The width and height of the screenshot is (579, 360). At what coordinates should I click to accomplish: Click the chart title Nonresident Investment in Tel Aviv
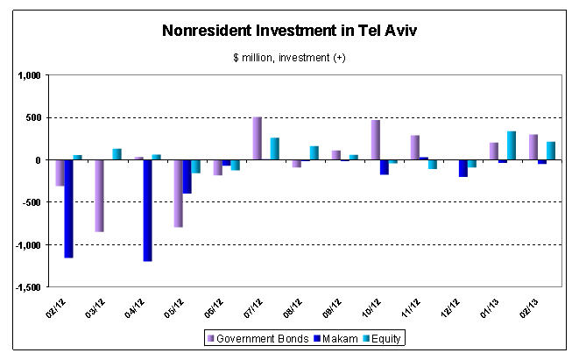coord(289,32)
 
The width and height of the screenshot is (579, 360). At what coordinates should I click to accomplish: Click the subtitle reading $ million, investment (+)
coord(290,58)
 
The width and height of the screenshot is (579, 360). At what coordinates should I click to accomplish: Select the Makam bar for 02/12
coord(68,208)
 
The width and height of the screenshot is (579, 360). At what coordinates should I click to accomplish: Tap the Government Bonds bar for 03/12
coord(99,195)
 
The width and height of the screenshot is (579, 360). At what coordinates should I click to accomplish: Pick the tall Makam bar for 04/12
coord(147,210)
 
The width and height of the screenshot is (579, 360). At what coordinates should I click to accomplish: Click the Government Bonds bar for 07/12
coord(257,138)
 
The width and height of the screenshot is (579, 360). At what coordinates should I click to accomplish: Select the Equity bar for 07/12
coord(274,149)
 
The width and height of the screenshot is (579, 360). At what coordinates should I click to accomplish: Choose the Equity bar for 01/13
coord(511,145)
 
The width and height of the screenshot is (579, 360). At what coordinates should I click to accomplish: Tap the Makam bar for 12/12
coord(462,168)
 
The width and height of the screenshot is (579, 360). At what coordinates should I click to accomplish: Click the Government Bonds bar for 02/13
coord(533,147)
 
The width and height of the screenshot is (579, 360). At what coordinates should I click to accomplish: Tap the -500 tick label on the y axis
coord(32,202)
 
